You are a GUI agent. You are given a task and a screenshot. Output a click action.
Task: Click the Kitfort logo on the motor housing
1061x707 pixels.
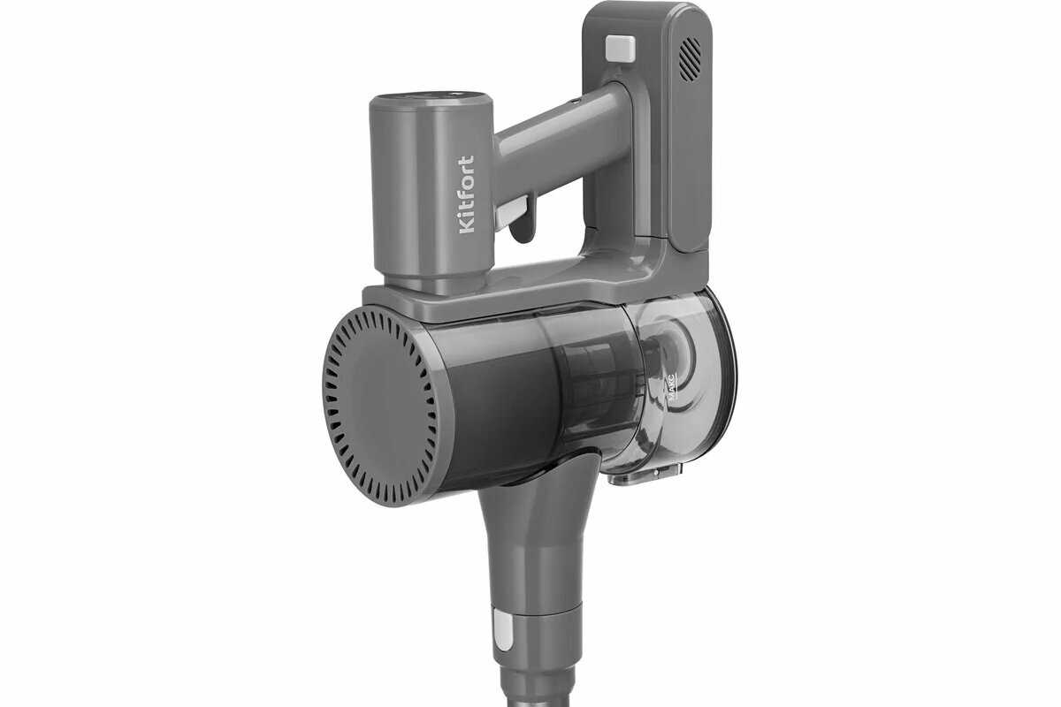pos(467,194)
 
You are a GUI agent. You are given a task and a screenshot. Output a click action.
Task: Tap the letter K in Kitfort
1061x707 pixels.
pos(467,227)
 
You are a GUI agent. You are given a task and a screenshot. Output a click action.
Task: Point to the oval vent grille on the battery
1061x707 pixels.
pos(690,59)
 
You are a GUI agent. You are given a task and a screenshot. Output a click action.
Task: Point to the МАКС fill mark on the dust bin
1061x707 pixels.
pos(671,388)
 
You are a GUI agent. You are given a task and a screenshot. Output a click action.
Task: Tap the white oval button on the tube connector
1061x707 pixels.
pos(502,630)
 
